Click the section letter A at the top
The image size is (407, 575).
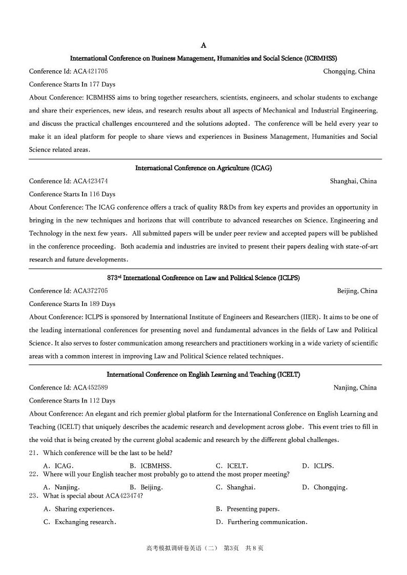(x=203, y=46)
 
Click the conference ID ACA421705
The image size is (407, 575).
(x=90, y=71)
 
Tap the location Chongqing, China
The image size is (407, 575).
(x=349, y=71)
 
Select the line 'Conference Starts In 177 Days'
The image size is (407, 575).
(x=72, y=85)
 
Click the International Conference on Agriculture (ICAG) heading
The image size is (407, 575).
(x=203, y=168)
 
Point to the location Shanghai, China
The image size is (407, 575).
(x=353, y=181)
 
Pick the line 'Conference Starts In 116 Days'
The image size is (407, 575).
(x=72, y=194)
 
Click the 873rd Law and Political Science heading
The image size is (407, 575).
(x=203, y=278)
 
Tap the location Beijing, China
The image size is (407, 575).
(x=357, y=291)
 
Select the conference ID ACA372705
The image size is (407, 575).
(x=90, y=291)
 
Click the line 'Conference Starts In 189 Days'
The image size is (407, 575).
(x=72, y=304)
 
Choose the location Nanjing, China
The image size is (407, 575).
(x=355, y=387)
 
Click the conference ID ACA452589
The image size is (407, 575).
(x=90, y=387)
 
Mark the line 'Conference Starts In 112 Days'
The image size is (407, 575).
(x=72, y=401)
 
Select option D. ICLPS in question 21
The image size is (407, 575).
(x=318, y=466)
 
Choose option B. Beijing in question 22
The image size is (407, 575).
(x=146, y=487)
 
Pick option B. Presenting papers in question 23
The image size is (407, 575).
(x=248, y=509)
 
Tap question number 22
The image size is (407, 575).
(x=34, y=475)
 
